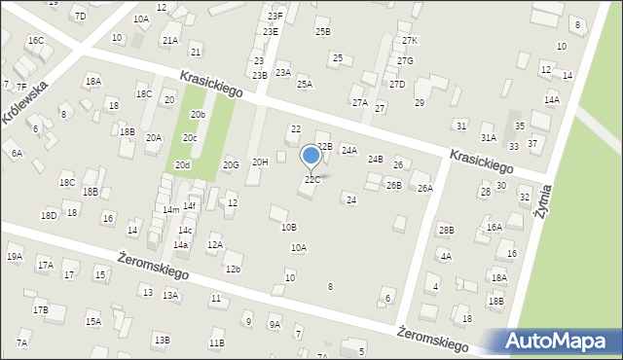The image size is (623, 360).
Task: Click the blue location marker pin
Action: click(311, 156)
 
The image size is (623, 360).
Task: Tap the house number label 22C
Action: click(311, 179)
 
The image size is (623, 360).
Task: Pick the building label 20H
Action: click(260, 162)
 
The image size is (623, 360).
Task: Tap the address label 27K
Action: click(410, 41)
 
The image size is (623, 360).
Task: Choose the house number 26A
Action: click(424, 189)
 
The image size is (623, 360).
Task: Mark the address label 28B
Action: click(446, 230)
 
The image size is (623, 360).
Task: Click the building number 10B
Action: click(289, 227)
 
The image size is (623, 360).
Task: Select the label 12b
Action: click(233, 269)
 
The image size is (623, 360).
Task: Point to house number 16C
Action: click(36, 41)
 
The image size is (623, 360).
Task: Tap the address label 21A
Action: click(170, 41)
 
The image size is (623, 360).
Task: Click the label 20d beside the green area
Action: click(182, 165)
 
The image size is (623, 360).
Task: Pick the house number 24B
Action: click(375, 159)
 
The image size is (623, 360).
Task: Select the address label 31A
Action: click(488, 138)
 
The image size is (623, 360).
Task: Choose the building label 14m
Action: click(170, 210)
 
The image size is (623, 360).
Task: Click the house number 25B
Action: click(322, 31)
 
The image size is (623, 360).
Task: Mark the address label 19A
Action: click(15, 257)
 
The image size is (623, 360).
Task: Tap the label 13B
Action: click(162, 340)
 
